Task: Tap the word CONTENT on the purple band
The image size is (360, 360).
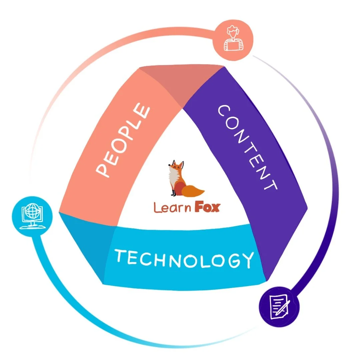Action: coord(247,147)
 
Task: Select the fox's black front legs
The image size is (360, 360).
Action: coord(173,193)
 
